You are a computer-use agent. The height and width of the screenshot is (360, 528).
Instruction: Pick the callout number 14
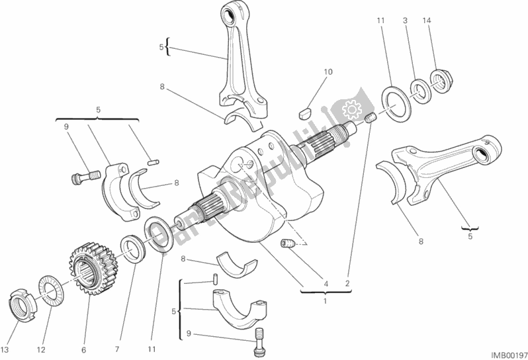click(427, 22)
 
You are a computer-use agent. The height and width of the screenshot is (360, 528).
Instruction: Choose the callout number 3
click(404, 22)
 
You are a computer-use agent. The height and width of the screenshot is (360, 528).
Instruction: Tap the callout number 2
click(347, 285)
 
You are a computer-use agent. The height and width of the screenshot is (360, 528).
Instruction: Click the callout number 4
click(325, 285)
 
